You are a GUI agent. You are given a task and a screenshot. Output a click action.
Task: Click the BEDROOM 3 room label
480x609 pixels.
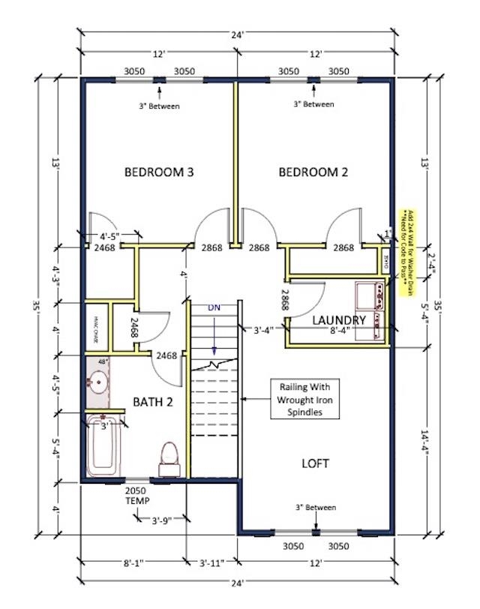click(x=159, y=172)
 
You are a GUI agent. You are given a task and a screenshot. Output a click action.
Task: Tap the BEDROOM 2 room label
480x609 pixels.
click(x=313, y=172)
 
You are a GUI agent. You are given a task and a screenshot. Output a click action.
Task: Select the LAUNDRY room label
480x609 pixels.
click(x=339, y=320)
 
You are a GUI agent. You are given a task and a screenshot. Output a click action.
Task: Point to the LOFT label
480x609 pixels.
click(x=316, y=463)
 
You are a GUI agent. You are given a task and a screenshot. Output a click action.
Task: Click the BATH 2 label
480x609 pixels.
click(x=154, y=402)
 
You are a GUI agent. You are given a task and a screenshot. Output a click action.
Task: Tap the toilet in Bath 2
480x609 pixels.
click(x=169, y=458)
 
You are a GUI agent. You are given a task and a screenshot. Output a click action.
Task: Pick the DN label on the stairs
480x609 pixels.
click(x=215, y=307)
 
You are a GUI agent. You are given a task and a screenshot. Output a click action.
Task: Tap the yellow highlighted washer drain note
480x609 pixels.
click(x=409, y=253)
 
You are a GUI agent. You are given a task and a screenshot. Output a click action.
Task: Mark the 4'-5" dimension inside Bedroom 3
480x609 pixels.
click(x=110, y=236)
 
